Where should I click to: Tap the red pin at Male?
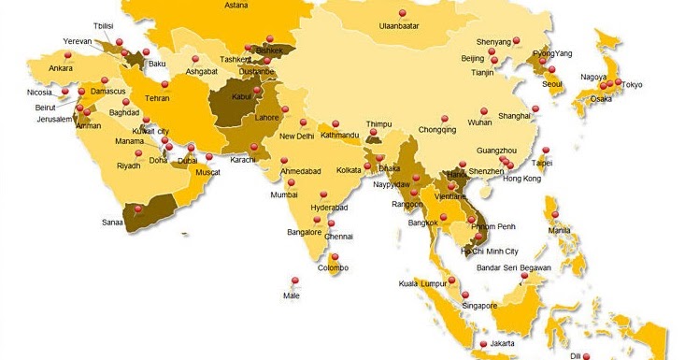295,280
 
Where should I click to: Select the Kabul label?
241,96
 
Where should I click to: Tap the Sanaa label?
112,223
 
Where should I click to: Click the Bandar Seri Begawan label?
513,268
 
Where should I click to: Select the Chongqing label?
437,130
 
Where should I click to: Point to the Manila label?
560,230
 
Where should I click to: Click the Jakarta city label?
501,343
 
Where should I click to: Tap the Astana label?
237,5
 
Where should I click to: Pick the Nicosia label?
40,93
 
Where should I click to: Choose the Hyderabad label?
329,207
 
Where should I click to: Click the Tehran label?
156,97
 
